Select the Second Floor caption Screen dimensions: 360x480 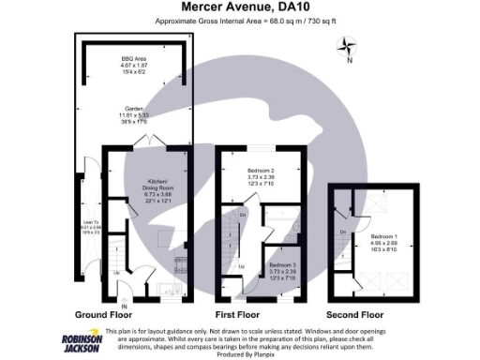356,315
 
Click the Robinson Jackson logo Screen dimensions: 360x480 82,342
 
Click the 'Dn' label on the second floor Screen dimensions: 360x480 343,232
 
